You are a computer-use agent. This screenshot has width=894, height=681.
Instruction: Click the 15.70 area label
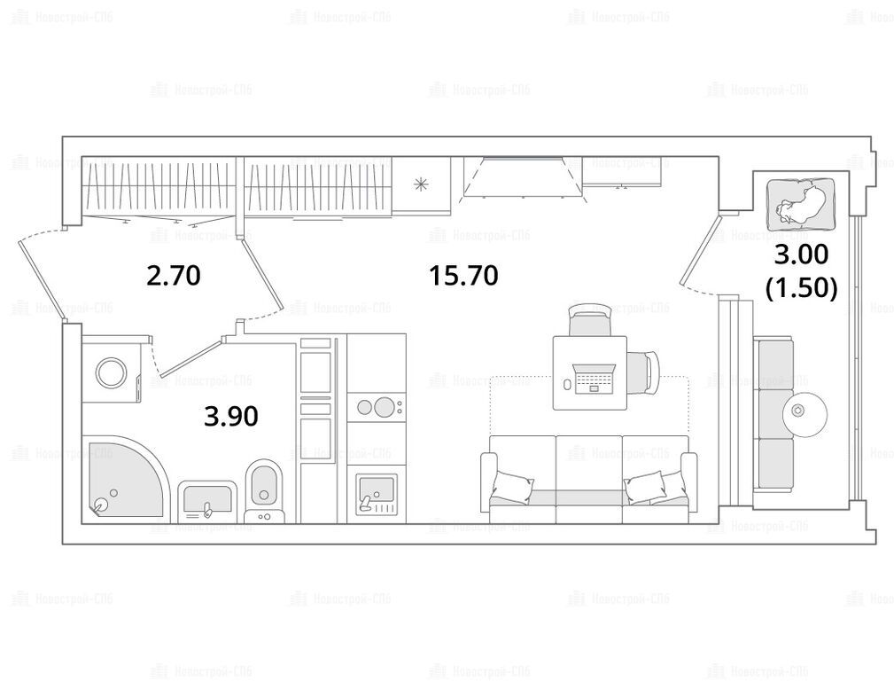tap(464, 276)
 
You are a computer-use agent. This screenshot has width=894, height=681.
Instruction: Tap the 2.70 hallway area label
tap(174, 276)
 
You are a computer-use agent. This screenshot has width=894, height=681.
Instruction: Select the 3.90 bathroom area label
tap(231, 416)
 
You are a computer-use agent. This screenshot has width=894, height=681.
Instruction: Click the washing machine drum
tap(112, 373)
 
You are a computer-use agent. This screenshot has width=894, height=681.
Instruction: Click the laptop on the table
tap(594, 379)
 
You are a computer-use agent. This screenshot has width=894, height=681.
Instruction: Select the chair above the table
tap(589, 319)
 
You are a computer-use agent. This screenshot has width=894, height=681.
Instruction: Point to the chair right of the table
tap(643, 372)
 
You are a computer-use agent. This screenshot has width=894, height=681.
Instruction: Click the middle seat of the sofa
tap(589, 478)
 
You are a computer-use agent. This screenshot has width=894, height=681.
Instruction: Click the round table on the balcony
tap(805, 411)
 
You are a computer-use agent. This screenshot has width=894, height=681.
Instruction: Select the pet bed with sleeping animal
tap(801, 204)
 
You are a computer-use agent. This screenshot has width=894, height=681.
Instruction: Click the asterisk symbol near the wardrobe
tap(422, 184)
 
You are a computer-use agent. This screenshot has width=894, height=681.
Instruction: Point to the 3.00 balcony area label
tap(801, 254)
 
